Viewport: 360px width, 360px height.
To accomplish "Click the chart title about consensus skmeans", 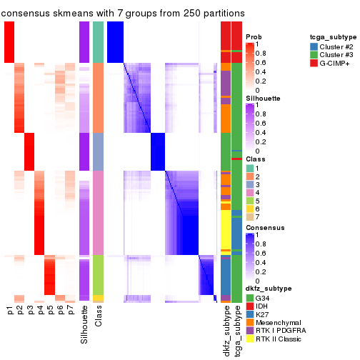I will tap(123, 14).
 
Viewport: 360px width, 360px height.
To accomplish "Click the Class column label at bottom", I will tap(99, 318).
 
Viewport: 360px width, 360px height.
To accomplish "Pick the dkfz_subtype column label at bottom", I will tap(226, 329).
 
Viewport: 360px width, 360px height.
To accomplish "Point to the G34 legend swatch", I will tap(249, 297).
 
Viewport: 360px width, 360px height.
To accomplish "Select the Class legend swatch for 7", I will tap(249, 216).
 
